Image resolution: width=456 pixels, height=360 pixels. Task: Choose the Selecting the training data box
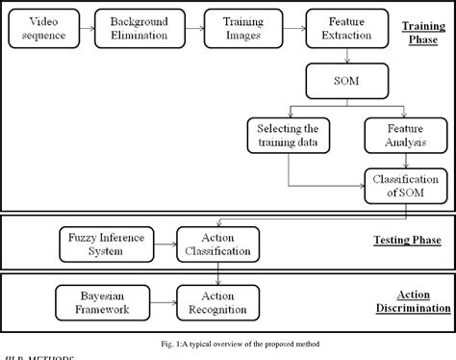(x=288, y=134)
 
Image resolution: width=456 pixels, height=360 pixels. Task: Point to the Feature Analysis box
(x=394, y=134)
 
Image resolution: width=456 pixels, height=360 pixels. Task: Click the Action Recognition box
(x=216, y=300)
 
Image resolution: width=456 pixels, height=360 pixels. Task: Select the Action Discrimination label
(x=423, y=301)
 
